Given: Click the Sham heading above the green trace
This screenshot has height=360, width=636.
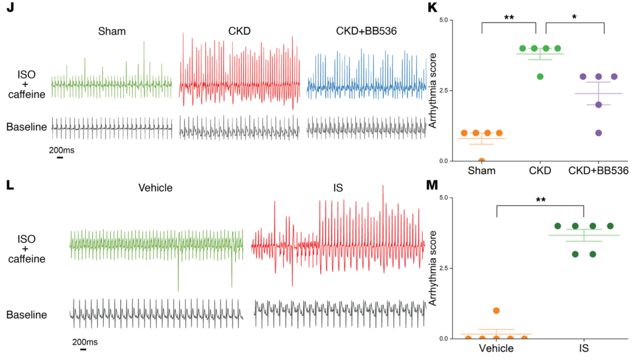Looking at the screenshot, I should [x=112, y=30].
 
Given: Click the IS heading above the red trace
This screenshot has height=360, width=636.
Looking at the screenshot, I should [x=338, y=188].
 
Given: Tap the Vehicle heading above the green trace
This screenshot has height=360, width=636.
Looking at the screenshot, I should [x=156, y=188].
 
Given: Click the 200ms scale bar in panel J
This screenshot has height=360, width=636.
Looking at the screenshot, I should [x=60, y=157].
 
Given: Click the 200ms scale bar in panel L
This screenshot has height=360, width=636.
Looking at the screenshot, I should [x=83, y=349].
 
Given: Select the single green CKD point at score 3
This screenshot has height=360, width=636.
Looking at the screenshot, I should [x=540, y=76].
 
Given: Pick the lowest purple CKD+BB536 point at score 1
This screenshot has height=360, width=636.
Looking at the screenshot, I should [x=598, y=133].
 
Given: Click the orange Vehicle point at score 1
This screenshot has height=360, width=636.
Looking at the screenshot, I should [x=496, y=310].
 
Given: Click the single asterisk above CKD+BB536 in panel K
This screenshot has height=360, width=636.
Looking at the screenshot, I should [x=575, y=18].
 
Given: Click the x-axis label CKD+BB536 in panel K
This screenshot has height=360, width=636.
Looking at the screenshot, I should [x=598, y=171].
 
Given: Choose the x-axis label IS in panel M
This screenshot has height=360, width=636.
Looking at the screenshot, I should [x=584, y=348].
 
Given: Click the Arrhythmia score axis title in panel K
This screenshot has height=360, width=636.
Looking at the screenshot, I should [x=433, y=91].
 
